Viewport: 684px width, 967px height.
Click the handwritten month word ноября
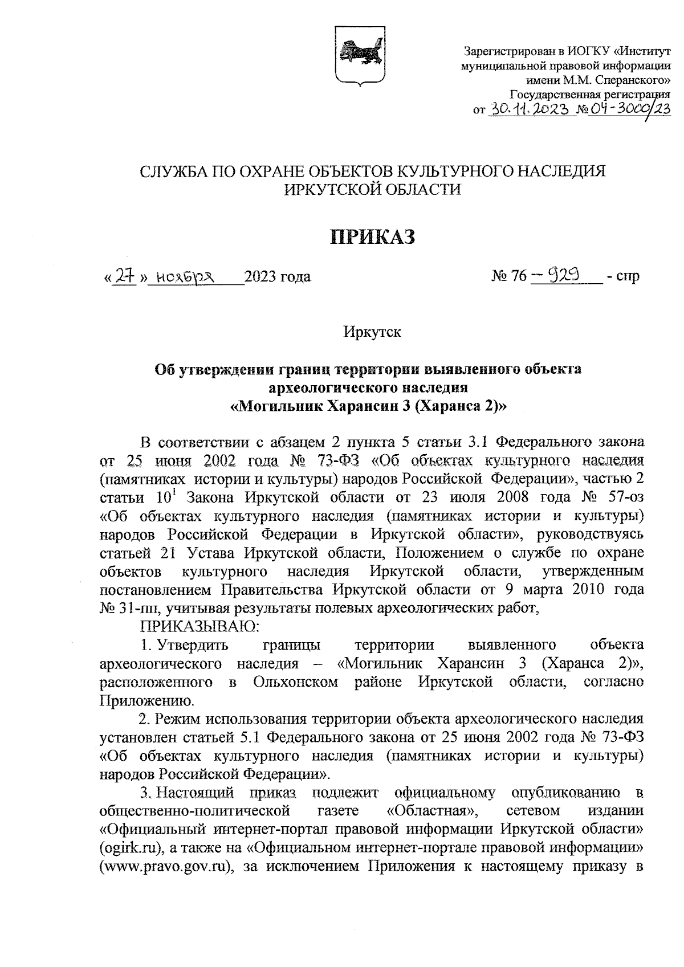[184, 277]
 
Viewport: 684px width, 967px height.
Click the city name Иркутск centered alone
[372, 332]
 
